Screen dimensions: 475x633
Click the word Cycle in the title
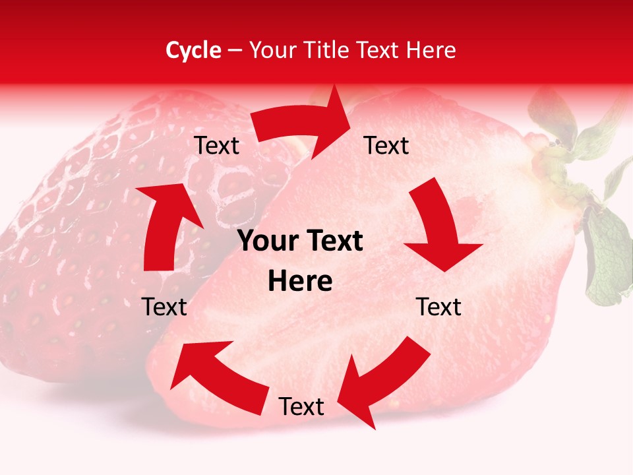(x=193, y=50)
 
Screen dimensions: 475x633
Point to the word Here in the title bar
(x=430, y=50)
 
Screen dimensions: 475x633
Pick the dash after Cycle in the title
(x=235, y=51)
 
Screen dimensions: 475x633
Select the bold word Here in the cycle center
(x=300, y=282)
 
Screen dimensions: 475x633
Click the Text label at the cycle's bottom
(x=301, y=407)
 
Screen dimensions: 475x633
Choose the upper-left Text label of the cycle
(x=216, y=146)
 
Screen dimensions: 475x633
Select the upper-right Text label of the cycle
(x=386, y=146)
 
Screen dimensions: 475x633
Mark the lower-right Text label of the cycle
(x=438, y=307)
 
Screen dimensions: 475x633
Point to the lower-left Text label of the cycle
(x=164, y=307)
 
